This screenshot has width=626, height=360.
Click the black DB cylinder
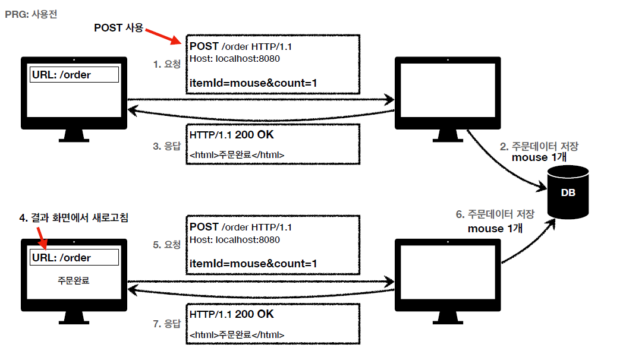[x=568, y=193]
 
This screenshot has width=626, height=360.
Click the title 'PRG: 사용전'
[x=32, y=12]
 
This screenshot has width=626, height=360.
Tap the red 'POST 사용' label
[x=118, y=27]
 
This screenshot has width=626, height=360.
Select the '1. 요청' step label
[x=166, y=64]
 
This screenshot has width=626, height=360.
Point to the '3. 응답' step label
[x=166, y=145]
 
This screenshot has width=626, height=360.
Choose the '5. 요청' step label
[x=166, y=244]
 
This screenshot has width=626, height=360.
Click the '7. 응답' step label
[x=166, y=324]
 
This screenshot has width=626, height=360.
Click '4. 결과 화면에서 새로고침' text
[x=74, y=218]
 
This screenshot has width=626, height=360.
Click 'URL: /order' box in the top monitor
[x=74, y=75]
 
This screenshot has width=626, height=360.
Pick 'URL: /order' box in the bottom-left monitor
[x=74, y=258]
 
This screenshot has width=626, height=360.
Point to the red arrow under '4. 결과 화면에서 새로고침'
[x=42, y=239]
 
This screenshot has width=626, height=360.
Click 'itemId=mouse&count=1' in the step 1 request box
[x=253, y=83]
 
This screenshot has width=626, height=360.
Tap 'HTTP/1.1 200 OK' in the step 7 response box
[x=232, y=314]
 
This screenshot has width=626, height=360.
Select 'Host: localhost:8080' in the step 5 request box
[x=234, y=240]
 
